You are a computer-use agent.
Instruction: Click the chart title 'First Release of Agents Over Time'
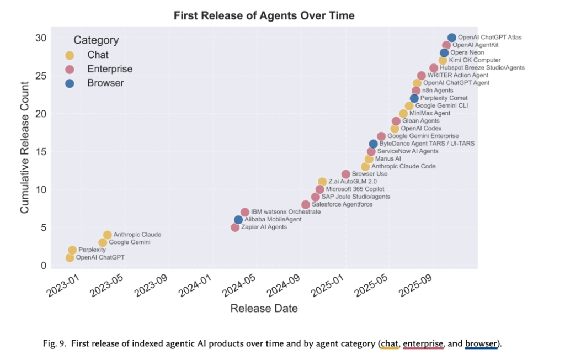(x=264, y=15)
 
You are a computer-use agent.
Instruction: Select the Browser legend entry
(x=105, y=83)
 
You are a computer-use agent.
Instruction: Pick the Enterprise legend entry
(x=110, y=69)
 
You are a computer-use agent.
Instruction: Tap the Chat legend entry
(x=98, y=55)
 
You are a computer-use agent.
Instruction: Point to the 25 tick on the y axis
(x=41, y=76)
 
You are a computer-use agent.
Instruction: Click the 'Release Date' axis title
(x=264, y=308)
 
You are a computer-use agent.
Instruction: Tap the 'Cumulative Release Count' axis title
(x=24, y=147)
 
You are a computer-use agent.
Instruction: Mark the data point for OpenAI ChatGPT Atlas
(x=452, y=38)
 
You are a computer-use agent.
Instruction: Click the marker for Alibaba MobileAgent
(x=238, y=220)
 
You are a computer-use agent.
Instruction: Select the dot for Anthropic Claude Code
(x=365, y=166)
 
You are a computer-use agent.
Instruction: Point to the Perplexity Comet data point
(x=414, y=98)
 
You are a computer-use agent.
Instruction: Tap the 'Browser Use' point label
(x=369, y=174)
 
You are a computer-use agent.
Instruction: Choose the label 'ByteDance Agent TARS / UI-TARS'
(x=427, y=144)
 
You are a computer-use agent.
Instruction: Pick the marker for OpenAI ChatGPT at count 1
(x=70, y=257)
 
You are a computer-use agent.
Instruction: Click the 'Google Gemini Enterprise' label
(x=423, y=136)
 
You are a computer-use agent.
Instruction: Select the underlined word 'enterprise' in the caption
(x=423, y=344)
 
